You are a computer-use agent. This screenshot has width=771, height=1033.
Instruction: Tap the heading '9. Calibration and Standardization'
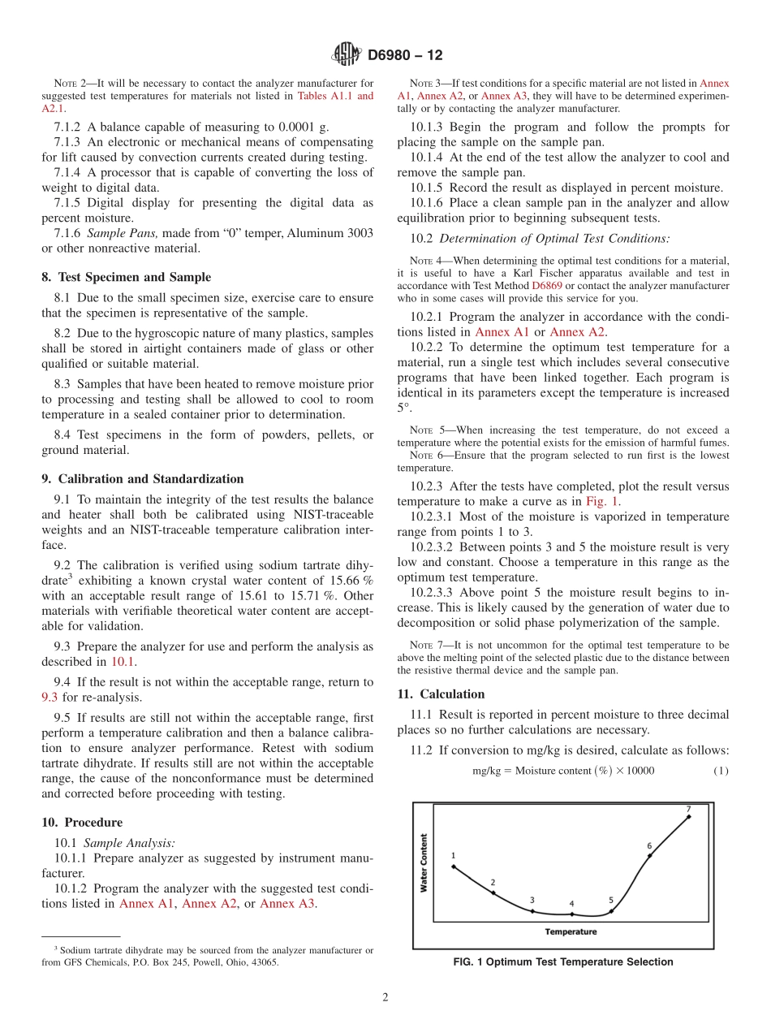click(x=142, y=479)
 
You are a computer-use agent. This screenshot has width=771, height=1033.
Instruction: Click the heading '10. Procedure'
click(x=81, y=822)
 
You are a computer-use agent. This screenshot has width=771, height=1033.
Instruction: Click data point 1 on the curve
click(x=453, y=867)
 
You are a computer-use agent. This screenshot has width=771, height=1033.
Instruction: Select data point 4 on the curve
click(x=571, y=914)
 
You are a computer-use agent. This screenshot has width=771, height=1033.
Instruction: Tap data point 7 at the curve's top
click(x=689, y=817)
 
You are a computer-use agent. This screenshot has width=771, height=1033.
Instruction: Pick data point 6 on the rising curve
click(x=649, y=855)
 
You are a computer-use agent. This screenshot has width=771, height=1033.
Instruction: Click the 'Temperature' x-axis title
click(x=571, y=931)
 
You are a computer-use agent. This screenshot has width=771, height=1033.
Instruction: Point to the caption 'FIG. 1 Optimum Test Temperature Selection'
click(x=562, y=962)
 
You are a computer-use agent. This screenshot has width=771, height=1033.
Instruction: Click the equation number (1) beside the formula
click(x=721, y=771)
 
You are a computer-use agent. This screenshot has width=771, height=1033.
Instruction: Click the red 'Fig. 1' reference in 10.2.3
click(x=601, y=501)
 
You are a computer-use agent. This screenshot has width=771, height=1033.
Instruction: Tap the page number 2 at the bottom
click(x=385, y=998)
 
